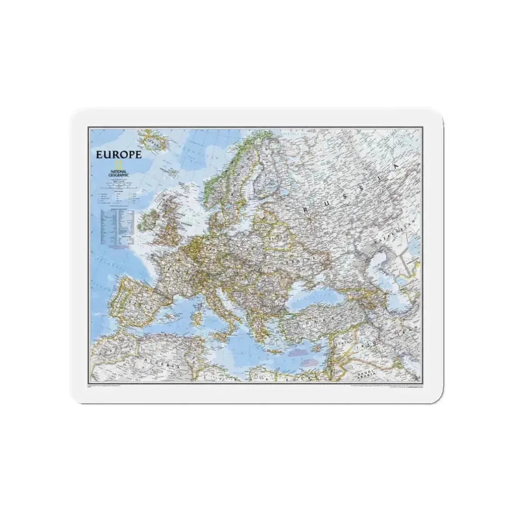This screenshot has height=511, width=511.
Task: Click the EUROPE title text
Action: coord(118,155)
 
